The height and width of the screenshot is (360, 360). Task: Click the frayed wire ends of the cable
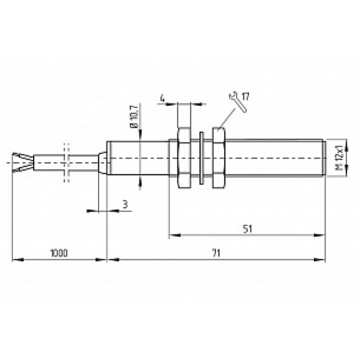click(21, 165)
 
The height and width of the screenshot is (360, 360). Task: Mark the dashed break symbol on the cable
click(66, 165)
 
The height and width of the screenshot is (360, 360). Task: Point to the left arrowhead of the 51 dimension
click(171, 235)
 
